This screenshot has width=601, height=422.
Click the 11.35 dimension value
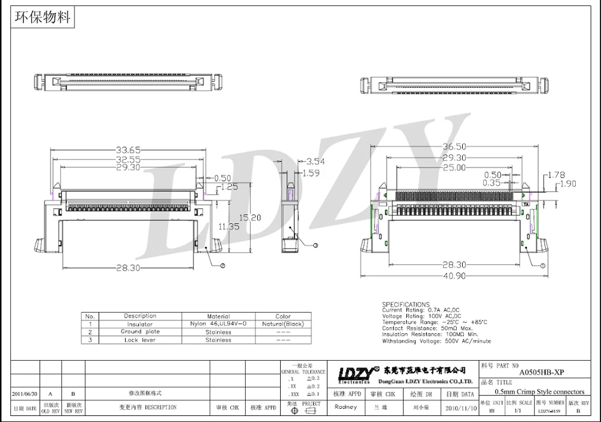point(229,226)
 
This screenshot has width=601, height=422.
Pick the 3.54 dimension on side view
point(316,161)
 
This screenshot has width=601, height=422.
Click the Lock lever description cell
point(139,340)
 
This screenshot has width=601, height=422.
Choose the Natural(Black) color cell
point(282,324)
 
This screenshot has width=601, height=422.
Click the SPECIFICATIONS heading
point(406,304)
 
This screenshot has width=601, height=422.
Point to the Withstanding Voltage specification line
point(436,341)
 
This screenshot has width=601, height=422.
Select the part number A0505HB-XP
point(541,372)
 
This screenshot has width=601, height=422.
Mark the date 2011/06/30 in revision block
point(25,393)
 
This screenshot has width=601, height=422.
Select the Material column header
point(219,316)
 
